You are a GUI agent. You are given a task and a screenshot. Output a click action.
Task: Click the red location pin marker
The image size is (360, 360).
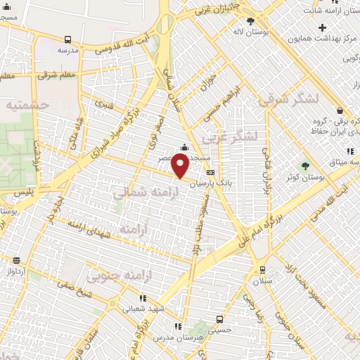pyautogui.click(x=181, y=167)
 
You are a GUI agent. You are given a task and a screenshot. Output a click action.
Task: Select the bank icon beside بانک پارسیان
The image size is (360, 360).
pyautogui.click(x=210, y=172)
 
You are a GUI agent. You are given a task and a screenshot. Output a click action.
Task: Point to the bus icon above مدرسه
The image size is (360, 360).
pyautogui.click(x=68, y=40)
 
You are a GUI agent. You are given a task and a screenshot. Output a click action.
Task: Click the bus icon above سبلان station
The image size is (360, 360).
pyautogui.click(x=262, y=269)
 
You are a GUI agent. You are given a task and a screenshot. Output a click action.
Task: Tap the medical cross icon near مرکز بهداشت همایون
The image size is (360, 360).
pyautogui.click(x=322, y=28)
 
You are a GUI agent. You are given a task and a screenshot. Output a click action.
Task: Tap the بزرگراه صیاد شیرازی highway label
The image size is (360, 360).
pyautogui.click(x=122, y=134)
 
